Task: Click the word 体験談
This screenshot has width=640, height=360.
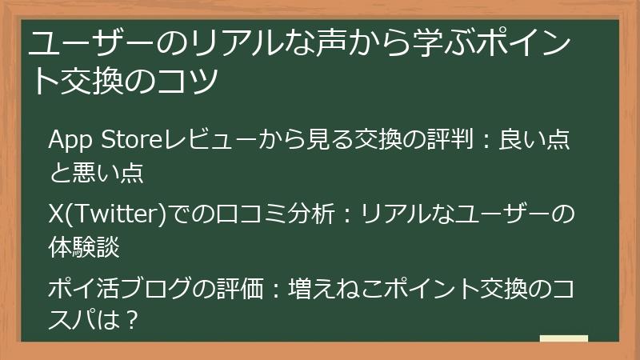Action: pyautogui.click(x=84, y=246)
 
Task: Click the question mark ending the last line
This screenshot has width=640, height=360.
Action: pyautogui.click(x=134, y=321)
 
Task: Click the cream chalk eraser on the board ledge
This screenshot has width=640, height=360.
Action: pyautogui.click(x=564, y=340)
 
